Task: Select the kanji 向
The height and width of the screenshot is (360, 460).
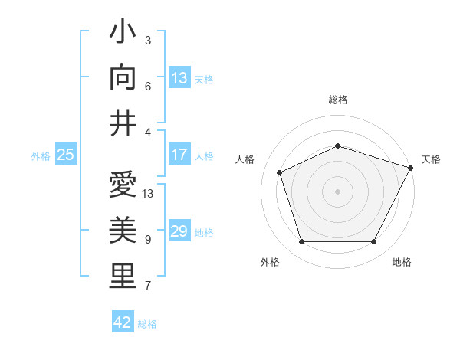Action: point(123,77)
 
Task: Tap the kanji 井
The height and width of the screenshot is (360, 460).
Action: point(123,123)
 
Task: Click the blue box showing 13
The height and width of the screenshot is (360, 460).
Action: point(179,77)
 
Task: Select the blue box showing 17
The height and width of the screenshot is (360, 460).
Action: point(179,155)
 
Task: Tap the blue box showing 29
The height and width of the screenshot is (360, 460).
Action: point(179,231)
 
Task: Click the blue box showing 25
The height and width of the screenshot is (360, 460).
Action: point(65,155)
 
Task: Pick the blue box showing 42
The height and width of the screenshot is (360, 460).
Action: point(123,322)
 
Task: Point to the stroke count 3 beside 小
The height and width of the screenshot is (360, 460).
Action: point(148,40)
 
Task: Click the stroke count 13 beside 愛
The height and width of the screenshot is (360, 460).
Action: point(149,193)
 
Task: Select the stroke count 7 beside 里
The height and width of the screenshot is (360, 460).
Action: point(148,286)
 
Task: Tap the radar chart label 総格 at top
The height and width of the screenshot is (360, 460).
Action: point(338,100)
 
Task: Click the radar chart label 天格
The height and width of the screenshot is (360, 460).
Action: point(431,159)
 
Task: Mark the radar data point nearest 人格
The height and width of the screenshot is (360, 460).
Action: point(280,172)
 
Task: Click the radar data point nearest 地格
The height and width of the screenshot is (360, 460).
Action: point(374,242)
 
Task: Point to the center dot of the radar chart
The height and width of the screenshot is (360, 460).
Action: point(338,191)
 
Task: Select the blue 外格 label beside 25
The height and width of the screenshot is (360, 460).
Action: point(41,155)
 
